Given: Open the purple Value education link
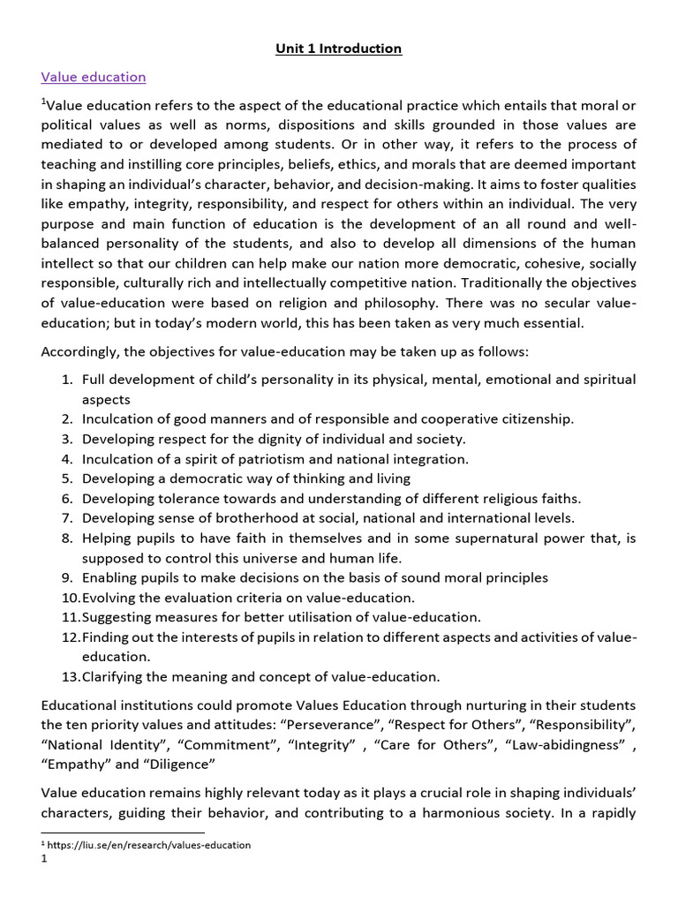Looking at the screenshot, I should (94, 78).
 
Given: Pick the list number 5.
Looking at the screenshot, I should (67, 478).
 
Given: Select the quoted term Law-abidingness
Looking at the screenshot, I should (569, 744).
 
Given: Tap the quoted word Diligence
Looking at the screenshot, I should (179, 764).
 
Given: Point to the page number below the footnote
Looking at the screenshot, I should (43, 859).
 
